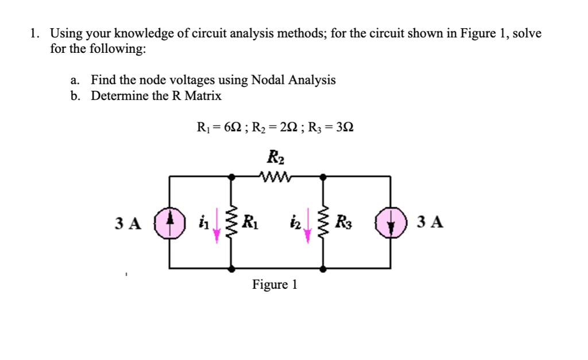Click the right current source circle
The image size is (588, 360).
pyautogui.click(x=390, y=223)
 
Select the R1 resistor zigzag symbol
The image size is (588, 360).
pyautogui.click(x=232, y=222)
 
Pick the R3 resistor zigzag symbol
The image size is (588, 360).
pyautogui.click(x=323, y=222)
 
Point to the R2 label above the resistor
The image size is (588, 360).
pyautogui.click(x=276, y=156)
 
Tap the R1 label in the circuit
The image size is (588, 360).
pyautogui.click(x=250, y=221)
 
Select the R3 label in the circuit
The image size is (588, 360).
pyautogui.click(x=342, y=221)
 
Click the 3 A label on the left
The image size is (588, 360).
pyautogui.click(x=128, y=223)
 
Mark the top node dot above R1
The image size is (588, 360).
pyautogui.click(x=232, y=177)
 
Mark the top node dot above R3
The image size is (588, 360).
pyautogui.click(x=323, y=177)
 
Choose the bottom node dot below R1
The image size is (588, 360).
pyautogui.click(x=232, y=268)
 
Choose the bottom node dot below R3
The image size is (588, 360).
pyautogui.click(x=323, y=268)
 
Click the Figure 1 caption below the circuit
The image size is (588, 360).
pyautogui.click(x=274, y=285)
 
